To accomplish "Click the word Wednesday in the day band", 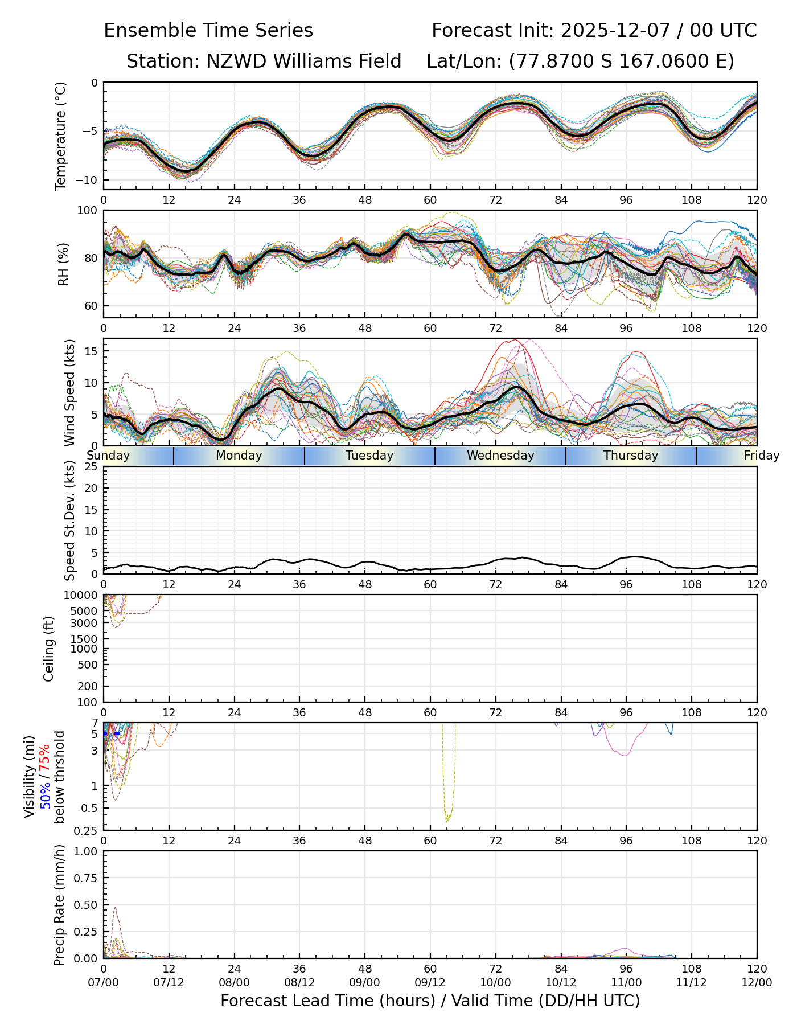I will [x=500, y=456].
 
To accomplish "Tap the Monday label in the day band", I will [x=239, y=456].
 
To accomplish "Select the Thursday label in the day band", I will [x=631, y=456].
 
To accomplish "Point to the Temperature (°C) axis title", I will [x=61, y=136].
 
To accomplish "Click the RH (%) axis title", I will [x=63, y=264].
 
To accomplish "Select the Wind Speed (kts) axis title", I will [x=69, y=392].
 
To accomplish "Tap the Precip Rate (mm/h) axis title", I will [x=59, y=905].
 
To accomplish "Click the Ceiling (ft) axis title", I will [x=49, y=649].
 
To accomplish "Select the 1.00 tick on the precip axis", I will [x=85, y=851].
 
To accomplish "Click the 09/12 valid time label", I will [x=430, y=983].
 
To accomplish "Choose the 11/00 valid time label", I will [x=626, y=983].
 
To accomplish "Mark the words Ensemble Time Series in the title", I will [x=208, y=31].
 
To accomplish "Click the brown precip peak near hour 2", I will [x=115, y=908].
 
